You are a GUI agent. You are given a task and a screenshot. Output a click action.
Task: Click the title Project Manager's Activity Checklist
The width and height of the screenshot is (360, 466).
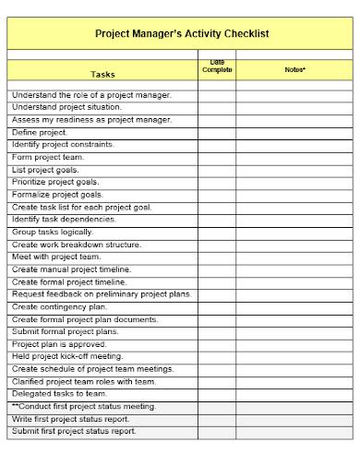point(182,33)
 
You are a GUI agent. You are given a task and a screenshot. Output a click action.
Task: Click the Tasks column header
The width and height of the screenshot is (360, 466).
point(102,74)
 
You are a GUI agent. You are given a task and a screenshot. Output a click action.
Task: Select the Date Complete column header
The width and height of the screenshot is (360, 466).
point(217,66)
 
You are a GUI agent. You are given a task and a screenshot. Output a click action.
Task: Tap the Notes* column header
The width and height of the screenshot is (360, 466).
point(295,69)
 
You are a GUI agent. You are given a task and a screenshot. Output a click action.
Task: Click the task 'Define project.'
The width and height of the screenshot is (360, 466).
point(40,132)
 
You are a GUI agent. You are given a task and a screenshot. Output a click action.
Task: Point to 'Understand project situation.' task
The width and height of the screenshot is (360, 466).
point(66,107)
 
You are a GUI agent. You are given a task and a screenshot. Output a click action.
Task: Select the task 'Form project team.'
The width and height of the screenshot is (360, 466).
point(48,157)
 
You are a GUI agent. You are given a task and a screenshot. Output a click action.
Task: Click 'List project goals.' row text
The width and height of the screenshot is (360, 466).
point(45,170)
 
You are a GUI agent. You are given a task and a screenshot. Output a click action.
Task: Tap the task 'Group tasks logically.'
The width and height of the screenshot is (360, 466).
point(53,232)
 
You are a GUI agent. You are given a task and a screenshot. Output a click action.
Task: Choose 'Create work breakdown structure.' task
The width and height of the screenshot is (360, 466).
point(77,245)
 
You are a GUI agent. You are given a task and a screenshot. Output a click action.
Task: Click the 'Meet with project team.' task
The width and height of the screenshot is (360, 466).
point(56,257)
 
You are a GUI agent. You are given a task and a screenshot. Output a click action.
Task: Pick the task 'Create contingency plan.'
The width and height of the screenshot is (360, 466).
point(59,306)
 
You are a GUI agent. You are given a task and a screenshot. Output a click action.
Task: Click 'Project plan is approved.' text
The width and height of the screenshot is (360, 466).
point(58,344)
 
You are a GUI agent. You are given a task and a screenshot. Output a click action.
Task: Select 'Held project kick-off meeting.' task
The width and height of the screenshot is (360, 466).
point(66,356)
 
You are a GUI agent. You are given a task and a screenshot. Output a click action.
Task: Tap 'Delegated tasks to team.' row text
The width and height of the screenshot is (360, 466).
point(60,393)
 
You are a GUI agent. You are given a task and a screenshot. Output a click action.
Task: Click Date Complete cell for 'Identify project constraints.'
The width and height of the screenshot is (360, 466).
point(217,145)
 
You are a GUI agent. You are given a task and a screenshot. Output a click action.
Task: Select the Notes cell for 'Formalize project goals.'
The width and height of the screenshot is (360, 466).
point(295,195)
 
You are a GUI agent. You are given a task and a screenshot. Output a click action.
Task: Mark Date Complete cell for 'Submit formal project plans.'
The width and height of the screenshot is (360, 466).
point(217,331)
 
